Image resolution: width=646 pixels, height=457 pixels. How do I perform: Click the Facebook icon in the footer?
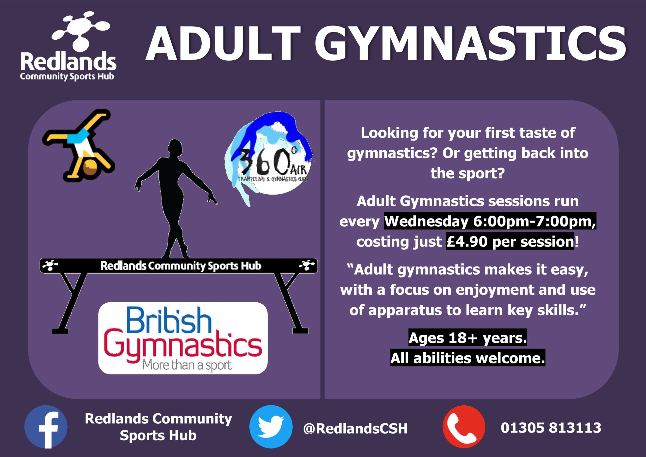pyautogui.click(x=46, y=427)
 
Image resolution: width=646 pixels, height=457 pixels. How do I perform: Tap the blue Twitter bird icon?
pyautogui.click(x=271, y=427)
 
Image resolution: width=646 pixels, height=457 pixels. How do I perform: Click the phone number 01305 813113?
pyautogui.click(x=551, y=428)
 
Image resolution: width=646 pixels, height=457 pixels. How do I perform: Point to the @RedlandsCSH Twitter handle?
pyautogui.click(x=355, y=428)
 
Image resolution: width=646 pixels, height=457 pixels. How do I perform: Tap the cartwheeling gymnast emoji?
pyautogui.click(x=79, y=145)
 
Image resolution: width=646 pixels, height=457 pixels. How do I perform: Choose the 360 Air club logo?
pyautogui.click(x=269, y=159)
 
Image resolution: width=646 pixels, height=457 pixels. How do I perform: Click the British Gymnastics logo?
pyautogui.click(x=183, y=338)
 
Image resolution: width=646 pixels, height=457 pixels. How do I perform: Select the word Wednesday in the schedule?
pyautogui.click(x=426, y=222)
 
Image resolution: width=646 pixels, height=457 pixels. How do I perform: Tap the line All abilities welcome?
pyautogui.click(x=468, y=358)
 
